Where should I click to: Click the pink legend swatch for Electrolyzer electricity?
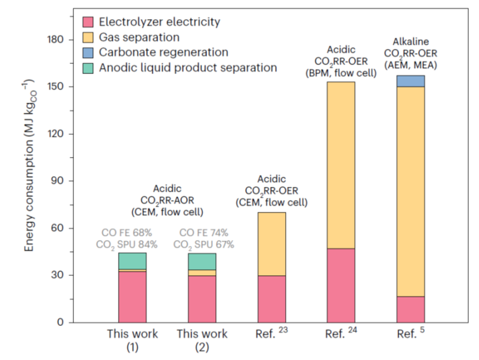point(88,22)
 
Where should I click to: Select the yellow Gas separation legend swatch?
point(88,37)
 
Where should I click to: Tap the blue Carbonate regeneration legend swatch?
point(88,53)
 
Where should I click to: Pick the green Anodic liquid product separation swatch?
point(88,67)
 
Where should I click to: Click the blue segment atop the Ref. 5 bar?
point(410,81)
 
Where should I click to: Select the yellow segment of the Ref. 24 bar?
point(341,165)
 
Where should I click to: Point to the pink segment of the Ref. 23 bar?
point(271,299)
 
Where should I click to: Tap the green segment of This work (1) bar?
point(132,261)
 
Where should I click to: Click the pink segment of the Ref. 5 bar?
point(410,309)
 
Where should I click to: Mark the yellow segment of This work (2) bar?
point(202,273)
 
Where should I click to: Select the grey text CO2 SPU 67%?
point(203,244)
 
